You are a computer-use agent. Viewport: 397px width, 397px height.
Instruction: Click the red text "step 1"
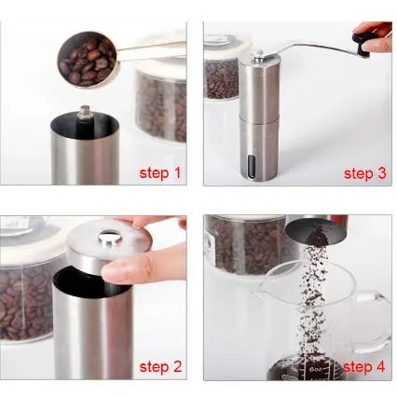point(159,172)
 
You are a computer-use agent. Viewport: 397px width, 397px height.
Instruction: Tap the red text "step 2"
point(160,366)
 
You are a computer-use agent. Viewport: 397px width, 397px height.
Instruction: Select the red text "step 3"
point(364,173)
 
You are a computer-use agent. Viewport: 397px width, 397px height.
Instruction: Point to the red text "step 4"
point(363,366)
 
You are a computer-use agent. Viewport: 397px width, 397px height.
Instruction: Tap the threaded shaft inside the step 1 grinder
point(84,114)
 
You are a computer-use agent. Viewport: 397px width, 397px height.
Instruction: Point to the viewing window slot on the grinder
point(251,167)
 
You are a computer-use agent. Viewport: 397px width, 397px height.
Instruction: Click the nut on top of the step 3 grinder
point(257,55)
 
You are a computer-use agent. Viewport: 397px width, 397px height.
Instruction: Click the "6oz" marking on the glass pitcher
point(315,369)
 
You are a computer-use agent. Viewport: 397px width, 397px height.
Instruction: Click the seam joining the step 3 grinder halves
point(259,115)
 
